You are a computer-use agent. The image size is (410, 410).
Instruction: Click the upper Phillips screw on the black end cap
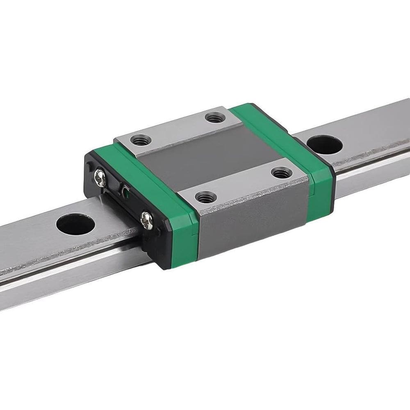(100, 177)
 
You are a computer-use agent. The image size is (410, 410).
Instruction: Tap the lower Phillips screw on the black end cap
(147, 220)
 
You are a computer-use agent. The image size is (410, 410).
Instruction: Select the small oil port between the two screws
(124, 191)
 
